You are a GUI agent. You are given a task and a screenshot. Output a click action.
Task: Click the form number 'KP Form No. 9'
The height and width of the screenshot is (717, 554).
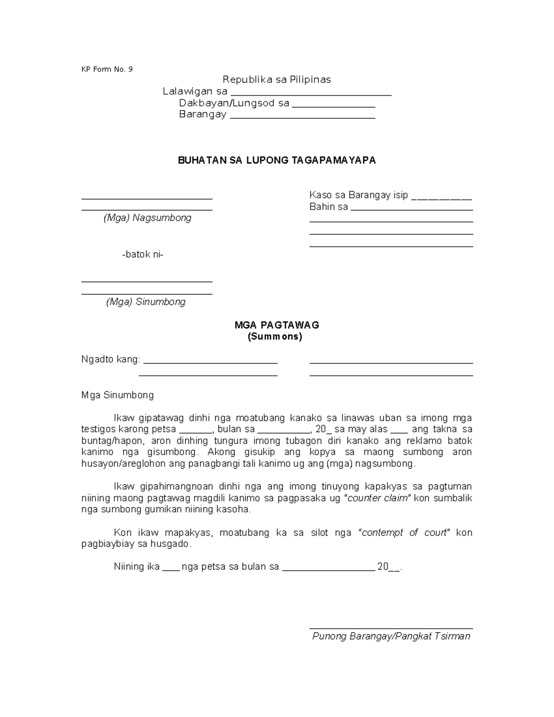[x=107, y=69]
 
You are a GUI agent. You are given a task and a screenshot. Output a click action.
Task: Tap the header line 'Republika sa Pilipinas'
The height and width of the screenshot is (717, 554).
[x=277, y=79]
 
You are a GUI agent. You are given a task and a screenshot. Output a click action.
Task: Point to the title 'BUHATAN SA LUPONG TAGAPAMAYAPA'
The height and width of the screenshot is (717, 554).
[x=277, y=160]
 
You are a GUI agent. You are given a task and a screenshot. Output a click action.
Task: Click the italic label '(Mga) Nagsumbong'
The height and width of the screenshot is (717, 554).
[x=147, y=218]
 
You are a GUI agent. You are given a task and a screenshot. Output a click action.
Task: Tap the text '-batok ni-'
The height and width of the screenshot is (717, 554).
[x=143, y=254]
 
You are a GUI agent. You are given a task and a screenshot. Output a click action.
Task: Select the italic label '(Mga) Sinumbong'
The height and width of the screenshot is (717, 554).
[x=146, y=302]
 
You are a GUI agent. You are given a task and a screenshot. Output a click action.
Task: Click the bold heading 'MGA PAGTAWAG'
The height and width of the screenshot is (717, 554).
[x=277, y=325]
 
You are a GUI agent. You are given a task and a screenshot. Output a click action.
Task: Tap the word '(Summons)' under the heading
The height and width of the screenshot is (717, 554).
[x=275, y=337]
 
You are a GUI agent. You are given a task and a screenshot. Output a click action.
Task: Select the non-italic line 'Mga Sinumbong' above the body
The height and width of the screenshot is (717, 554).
[x=117, y=395]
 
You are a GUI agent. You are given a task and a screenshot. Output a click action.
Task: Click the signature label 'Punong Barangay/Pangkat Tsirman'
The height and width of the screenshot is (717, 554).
[x=391, y=636]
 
